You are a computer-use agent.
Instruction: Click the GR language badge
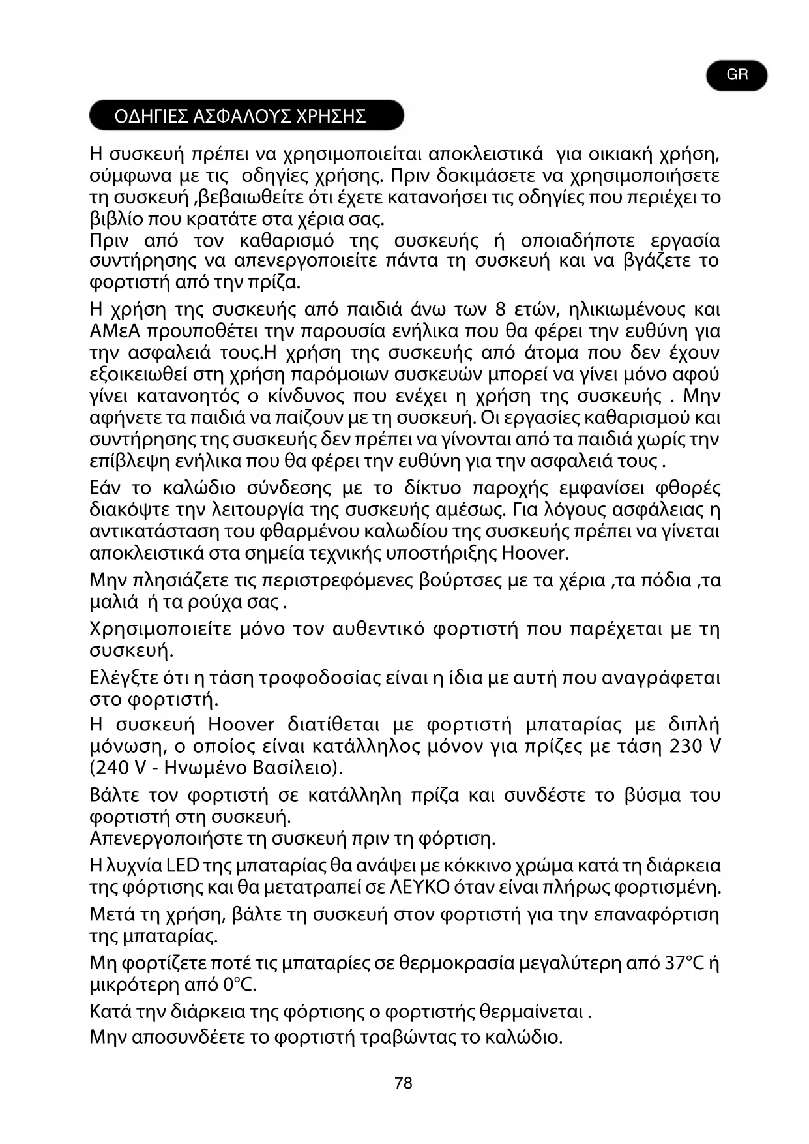[x=737, y=75]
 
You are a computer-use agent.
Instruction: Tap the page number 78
[x=404, y=1083]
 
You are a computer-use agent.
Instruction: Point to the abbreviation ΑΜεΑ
[x=115, y=331]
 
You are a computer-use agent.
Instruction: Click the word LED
[x=183, y=866]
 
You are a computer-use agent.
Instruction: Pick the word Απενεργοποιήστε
[x=175, y=838]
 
